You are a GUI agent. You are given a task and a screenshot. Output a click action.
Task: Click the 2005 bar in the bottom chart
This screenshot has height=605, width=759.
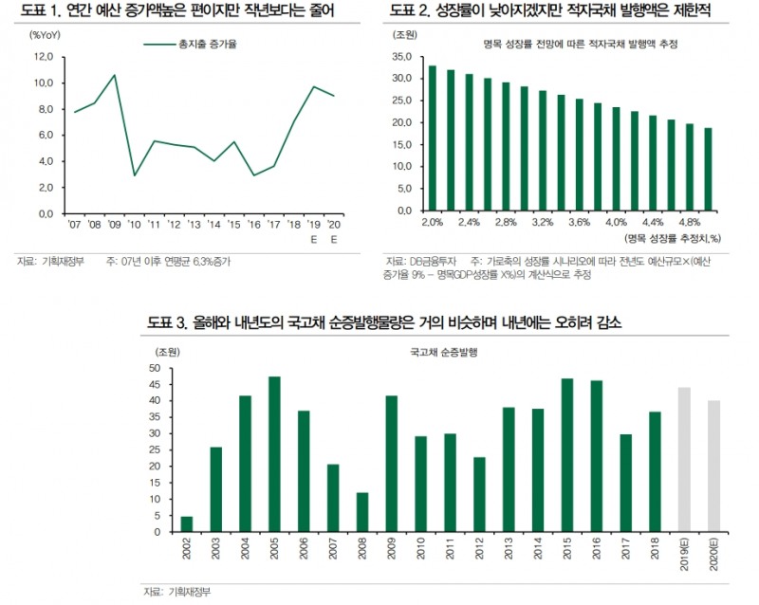(275, 455)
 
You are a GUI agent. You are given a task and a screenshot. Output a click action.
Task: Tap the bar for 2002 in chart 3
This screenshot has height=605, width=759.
(187, 524)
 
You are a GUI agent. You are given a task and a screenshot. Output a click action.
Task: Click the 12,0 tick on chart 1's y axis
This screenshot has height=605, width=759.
(44, 57)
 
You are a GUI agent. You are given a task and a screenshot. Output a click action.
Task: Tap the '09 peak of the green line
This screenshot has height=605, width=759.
(114, 75)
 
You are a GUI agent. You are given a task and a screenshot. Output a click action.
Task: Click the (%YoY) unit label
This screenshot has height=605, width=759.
(46, 35)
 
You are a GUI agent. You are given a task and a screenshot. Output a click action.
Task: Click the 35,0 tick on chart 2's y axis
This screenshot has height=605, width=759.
(402, 57)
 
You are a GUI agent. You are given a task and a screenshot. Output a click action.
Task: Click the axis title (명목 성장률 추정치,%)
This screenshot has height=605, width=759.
(675, 238)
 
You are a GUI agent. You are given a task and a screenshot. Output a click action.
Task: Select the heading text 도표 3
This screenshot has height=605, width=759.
(169, 323)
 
